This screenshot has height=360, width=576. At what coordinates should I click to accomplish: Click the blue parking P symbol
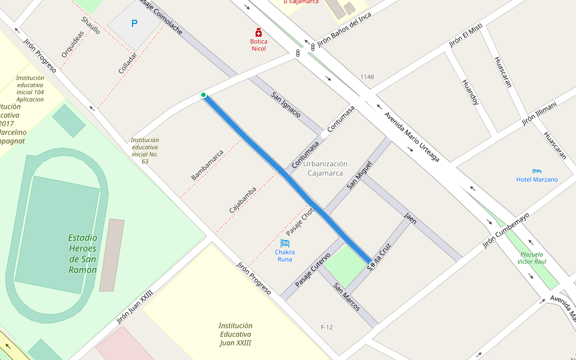134,24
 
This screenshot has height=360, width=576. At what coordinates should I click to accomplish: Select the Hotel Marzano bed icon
536,171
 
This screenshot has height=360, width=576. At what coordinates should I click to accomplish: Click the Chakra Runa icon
285,243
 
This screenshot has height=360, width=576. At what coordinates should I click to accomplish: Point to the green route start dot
203,95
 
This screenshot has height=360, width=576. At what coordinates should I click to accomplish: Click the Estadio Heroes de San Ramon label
83,254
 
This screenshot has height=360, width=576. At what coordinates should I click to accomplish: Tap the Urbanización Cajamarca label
325,168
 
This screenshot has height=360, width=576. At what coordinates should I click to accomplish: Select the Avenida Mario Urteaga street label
412,137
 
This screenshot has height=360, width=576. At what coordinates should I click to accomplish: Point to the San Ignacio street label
286,104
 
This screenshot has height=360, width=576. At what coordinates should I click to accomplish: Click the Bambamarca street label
207,165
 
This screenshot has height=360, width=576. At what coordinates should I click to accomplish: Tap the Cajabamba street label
242,200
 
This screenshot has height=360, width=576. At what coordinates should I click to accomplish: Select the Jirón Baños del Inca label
344,29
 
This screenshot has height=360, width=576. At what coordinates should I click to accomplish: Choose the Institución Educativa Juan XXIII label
235,334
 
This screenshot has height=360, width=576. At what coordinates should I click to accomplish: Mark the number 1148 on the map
367,77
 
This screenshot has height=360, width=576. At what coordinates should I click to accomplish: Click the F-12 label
327,327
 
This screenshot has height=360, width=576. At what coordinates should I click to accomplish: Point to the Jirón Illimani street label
539,113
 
